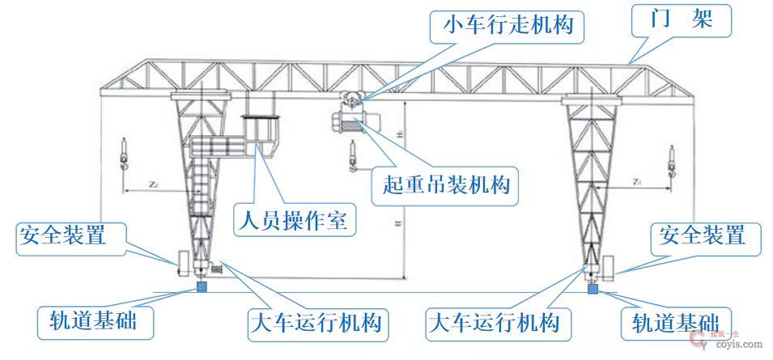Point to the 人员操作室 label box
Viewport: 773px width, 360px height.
(294, 219)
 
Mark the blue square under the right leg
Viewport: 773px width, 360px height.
(593, 288)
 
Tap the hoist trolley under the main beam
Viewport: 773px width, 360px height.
(350, 118)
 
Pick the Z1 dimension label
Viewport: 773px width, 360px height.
(638, 183)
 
